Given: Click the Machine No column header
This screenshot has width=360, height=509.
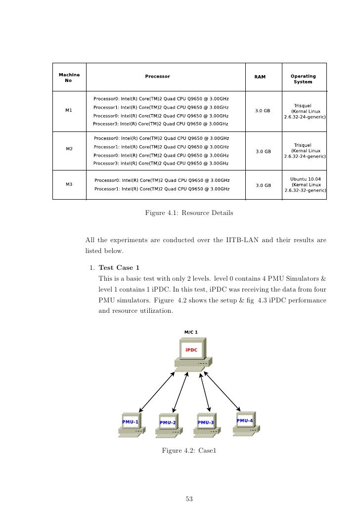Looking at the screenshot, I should (x=69, y=78).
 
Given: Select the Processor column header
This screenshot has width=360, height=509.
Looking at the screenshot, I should (x=157, y=77).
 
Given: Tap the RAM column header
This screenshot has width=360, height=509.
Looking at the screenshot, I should (x=260, y=77).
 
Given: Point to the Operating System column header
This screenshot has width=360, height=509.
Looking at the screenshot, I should (x=303, y=79).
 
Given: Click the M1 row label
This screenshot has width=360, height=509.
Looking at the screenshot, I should (x=69, y=110).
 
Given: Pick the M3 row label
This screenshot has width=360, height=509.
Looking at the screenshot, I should (x=69, y=184).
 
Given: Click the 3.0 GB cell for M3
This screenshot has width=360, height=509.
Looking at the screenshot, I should (x=263, y=185).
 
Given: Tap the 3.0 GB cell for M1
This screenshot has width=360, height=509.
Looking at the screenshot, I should (x=262, y=111).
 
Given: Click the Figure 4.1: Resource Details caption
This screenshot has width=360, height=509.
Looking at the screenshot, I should (x=188, y=213).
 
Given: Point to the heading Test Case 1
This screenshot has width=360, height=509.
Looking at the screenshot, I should (x=119, y=268).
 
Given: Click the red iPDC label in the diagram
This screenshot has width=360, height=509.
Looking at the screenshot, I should (x=191, y=350).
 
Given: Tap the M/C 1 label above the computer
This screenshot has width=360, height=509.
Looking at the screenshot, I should (x=191, y=332).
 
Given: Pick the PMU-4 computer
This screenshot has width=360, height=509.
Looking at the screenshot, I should (x=245, y=423).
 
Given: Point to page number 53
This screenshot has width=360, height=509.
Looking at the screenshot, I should (x=188, y=499).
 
